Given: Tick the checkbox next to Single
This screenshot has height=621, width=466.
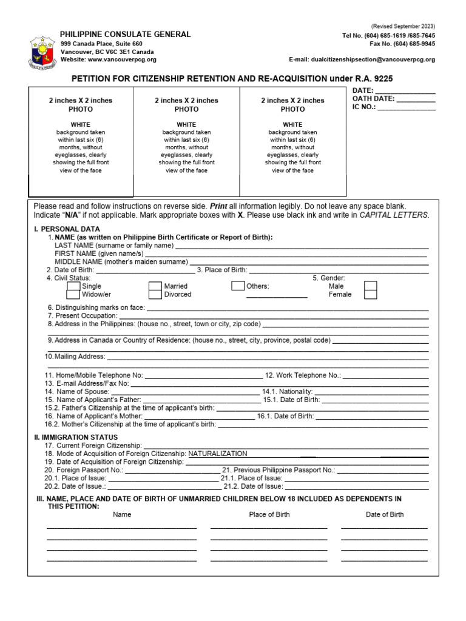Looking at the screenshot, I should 73,286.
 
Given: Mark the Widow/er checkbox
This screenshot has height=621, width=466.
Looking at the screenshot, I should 73,295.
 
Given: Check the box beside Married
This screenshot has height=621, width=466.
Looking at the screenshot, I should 155,286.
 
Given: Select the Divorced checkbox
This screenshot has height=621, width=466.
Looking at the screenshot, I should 155,295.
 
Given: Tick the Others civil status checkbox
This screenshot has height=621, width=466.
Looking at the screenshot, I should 238,286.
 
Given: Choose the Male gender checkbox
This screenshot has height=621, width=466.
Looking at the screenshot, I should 370,286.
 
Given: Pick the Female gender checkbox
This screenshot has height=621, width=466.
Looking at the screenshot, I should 370,295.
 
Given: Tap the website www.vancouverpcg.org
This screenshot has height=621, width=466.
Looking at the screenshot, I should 121,59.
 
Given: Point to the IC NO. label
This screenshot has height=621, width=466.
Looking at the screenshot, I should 364,107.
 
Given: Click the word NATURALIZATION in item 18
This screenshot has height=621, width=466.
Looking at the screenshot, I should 218,454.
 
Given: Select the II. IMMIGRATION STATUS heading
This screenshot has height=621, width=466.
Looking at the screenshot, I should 76,437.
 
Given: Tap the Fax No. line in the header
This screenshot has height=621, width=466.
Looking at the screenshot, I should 402,44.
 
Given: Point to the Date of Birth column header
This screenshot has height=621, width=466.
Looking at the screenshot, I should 384,514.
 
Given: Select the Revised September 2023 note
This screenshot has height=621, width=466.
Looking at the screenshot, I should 403,26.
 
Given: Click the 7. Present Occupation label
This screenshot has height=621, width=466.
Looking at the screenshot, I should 82,316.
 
